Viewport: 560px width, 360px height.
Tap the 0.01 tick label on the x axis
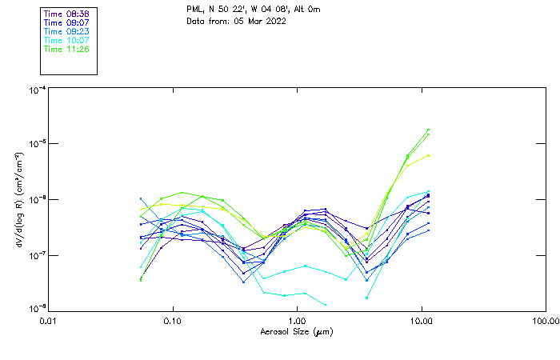tap(48, 321)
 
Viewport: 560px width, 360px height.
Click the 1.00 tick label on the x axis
tap(297, 321)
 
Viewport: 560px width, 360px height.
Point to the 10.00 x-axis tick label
tap(422, 321)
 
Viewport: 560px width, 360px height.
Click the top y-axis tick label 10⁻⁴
tap(36, 90)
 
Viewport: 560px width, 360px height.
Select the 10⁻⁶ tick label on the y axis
tap(36, 200)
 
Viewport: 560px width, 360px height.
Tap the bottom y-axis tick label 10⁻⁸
tap(36, 309)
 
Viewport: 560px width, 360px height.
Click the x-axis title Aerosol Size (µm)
tap(297, 331)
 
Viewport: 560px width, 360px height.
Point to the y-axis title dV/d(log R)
tap(18, 200)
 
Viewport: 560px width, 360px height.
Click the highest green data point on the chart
tap(428, 130)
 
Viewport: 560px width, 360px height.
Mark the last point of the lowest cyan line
tap(325, 305)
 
